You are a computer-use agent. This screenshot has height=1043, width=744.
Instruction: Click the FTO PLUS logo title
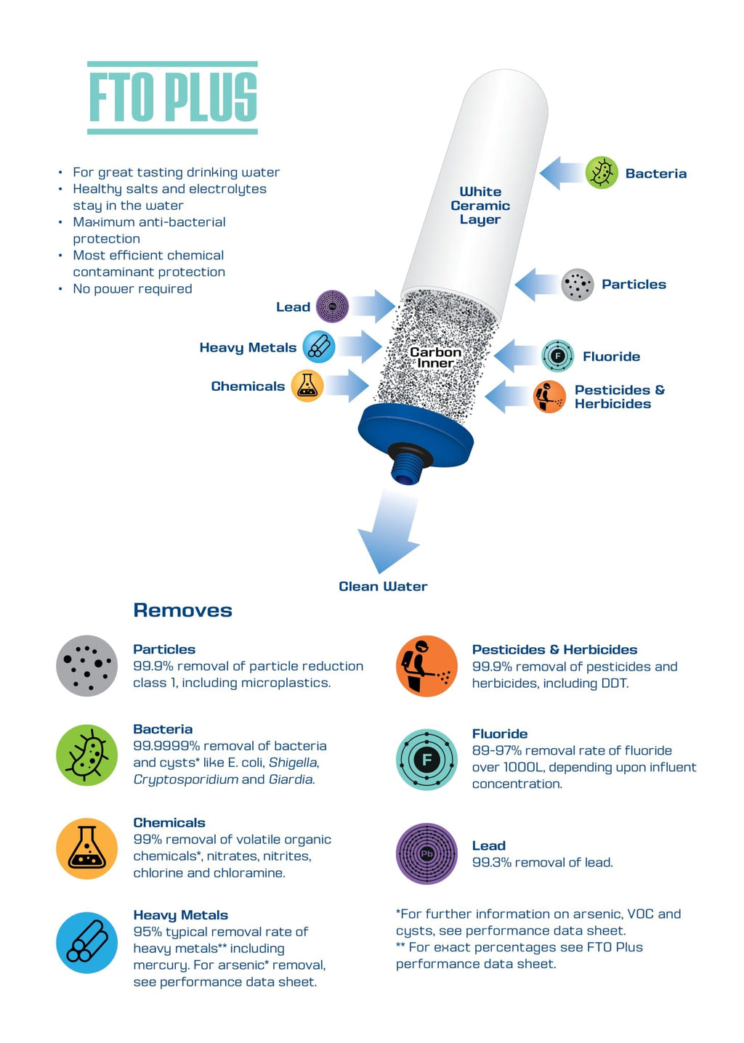pyautogui.click(x=172, y=97)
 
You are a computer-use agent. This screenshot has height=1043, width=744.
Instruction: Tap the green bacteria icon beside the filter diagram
pyautogui.click(x=602, y=173)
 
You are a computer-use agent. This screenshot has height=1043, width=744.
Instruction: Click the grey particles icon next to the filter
pyautogui.click(x=578, y=285)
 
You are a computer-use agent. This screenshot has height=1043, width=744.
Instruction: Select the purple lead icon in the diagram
pyautogui.click(x=333, y=307)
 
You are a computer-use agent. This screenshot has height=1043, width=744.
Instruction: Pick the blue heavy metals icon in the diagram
pyautogui.click(x=318, y=347)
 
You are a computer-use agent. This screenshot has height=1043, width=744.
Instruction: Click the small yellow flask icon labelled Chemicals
pyautogui.click(x=307, y=386)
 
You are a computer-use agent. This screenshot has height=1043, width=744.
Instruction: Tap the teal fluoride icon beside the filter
pyautogui.click(x=557, y=356)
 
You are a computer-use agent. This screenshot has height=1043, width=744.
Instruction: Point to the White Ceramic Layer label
pyautogui.click(x=480, y=206)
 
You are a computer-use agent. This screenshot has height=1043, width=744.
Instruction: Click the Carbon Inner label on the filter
pyautogui.click(x=435, y=357)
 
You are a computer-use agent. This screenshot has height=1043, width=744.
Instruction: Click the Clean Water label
pyautogui.click(x=383, y=586)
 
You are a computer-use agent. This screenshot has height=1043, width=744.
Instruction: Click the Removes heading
pyautogui.click(x=182, y=610)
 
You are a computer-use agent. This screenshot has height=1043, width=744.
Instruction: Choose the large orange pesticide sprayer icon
pyautogui.click(x=426, y=666)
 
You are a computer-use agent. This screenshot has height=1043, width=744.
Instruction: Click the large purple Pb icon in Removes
pyautogui.click(x=426, y=853)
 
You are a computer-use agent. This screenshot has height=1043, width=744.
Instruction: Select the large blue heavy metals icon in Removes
pyautogui.click(x=87, y=942)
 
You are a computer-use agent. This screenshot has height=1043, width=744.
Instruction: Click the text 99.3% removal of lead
pyautogui.click(x=542, y=862)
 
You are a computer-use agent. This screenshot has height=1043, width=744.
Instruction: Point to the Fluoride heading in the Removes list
pyautogui.click(x=500, y=734)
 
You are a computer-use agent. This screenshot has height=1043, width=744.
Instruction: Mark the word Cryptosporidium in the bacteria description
pyautogui.click(x=185, y=779)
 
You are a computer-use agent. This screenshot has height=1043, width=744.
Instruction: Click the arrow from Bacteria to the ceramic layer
pyautogui.click(x=561, y=174)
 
